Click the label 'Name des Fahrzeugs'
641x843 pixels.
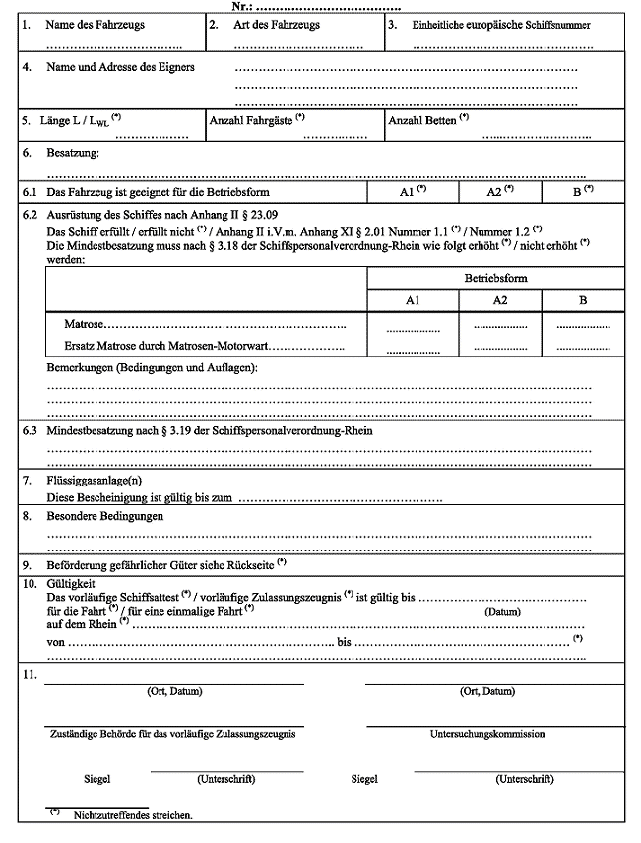tap(95, 25)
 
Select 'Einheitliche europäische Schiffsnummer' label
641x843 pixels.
tap(502, 25)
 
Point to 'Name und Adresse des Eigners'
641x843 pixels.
tap(120, 67)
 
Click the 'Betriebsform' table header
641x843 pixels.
tap(495, 278)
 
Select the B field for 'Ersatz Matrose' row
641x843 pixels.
tap(583, 348)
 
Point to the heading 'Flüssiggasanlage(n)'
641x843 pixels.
tap(99, 481)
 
